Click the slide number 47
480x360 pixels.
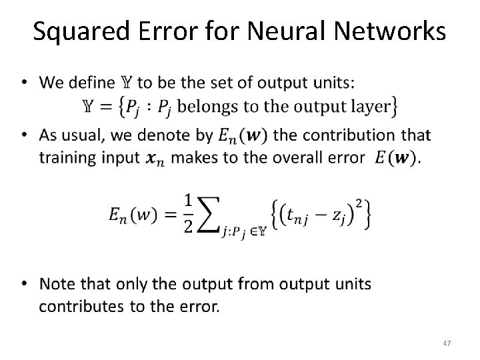click(447, 343)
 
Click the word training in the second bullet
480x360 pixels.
click(65, 158)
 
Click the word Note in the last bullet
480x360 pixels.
click(58, 285)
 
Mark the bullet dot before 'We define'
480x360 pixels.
click(25, 83)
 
